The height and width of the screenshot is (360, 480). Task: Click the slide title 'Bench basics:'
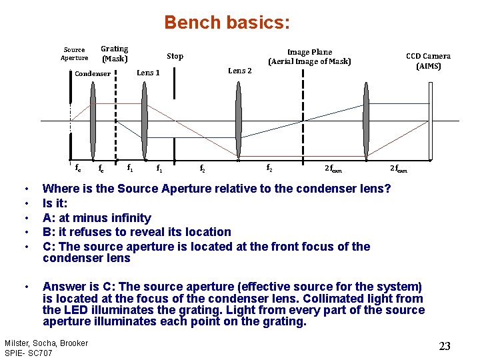[227, 23]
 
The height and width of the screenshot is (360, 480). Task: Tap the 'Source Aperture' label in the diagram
[75, 53]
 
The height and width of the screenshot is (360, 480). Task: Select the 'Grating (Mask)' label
[114, 53]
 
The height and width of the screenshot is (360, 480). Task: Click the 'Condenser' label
[93, 73]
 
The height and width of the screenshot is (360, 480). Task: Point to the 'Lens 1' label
[148, 72]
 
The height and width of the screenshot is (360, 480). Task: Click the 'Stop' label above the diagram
[175, 56]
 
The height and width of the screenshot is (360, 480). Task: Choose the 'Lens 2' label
[240, 71]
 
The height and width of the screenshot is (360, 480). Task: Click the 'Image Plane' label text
[309, 52]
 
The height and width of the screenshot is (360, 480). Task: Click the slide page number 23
[445, 345]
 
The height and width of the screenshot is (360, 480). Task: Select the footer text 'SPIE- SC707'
[28, 352]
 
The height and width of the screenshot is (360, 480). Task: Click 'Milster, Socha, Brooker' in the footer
[46, 343]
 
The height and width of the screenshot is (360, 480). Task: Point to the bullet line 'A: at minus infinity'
[97, 217]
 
